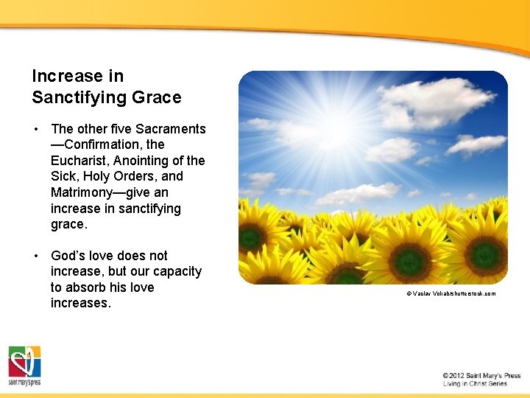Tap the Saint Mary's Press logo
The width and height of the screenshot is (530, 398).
[24, 366]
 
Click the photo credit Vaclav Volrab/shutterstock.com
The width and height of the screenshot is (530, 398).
[451, 293]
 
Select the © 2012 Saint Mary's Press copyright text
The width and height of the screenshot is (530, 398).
[481, 376]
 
